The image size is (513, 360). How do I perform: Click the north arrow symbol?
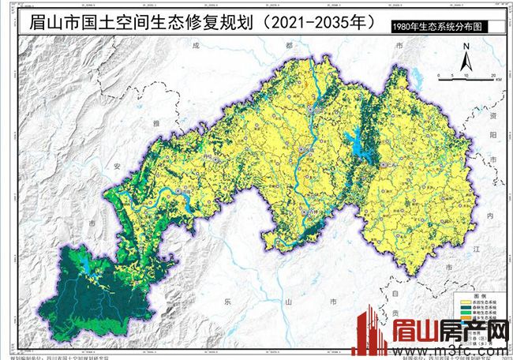coord(466,59)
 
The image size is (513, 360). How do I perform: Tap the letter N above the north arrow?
coord(466,46)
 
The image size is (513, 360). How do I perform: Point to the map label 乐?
coord(227,302)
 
